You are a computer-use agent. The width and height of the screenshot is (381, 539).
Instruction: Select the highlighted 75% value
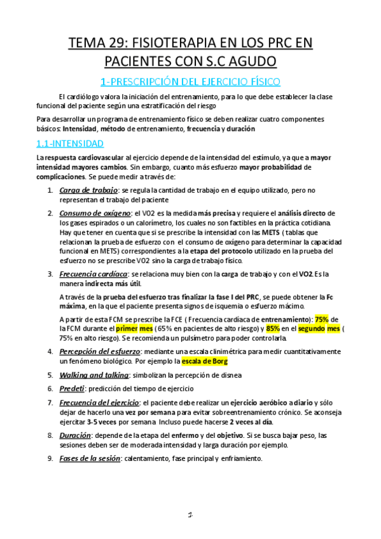(322, 318)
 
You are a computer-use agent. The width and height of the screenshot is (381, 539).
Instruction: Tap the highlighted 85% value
(274, 328)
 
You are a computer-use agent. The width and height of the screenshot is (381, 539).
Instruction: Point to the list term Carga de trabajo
(88, 190)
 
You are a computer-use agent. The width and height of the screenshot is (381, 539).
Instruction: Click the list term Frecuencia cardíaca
(93, 274)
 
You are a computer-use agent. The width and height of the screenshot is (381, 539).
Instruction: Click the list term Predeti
(71, 388)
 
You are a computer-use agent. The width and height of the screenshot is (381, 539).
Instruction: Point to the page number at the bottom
(190, 515)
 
